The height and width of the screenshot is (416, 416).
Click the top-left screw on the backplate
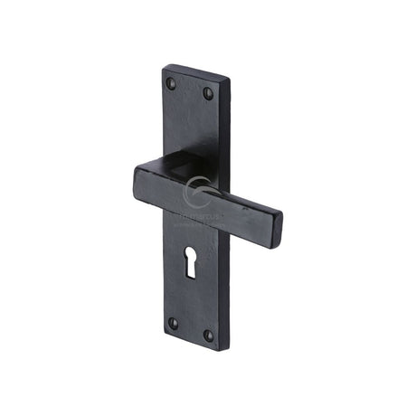tap(171, 84)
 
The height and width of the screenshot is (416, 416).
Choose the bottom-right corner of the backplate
tap(216, 351)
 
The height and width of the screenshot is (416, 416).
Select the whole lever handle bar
tap(208, 199)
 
